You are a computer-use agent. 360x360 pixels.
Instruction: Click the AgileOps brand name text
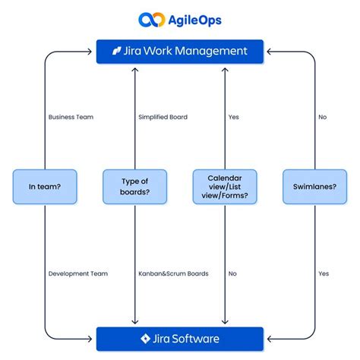(x=191, y=20)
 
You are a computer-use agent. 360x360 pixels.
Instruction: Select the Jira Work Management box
(x=179, y=52)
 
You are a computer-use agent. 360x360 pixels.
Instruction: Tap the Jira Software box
(x=179, y=339)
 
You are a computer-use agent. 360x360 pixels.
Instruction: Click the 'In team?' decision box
(x=44, y=187)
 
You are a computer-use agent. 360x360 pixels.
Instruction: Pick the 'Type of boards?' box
(x=134, y=187)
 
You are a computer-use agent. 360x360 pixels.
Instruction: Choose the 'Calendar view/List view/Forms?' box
(x=224, y=187)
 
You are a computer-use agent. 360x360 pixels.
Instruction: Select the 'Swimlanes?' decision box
(x=314, y=187)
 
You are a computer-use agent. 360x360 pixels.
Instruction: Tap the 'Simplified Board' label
(x=163, y=118)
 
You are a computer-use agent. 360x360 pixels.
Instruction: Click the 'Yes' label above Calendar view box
(x=234, y=118)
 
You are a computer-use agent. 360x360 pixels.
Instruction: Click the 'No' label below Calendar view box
(x=232, y=273)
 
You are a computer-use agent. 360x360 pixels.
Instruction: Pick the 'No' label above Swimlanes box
(x=323, y=118)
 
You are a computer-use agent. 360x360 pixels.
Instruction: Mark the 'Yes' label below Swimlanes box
(x=324, y=273)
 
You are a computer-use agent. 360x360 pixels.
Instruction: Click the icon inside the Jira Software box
(x=145, y=339)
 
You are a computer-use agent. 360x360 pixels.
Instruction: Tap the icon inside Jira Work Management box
(x=116, y=52)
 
